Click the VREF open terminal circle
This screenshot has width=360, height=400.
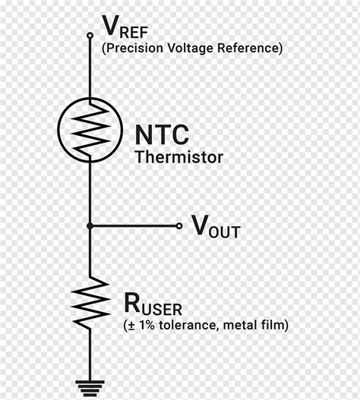(x=90, y=35)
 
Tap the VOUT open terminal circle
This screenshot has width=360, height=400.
(x=179, y=225)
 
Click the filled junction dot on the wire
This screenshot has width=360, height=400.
(x=90, y=225)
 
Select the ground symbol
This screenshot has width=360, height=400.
(x=90, y=389)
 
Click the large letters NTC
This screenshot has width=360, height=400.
(x=162, y=134)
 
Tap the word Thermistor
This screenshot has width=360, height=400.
(x=179, y=157)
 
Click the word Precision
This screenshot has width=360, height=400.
(x=134, y=49)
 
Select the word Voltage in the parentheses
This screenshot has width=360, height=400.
(x=190, y=49)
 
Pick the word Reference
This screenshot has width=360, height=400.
(x=248, y=49)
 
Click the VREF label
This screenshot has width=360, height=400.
(x=125, y=27)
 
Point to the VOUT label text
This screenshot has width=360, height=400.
(x=216, y=226)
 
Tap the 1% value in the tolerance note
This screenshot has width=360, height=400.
(x=147, y=325)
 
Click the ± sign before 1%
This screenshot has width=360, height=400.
(x=131, y=326)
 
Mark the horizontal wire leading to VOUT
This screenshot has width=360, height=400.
(x=134, y=225)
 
